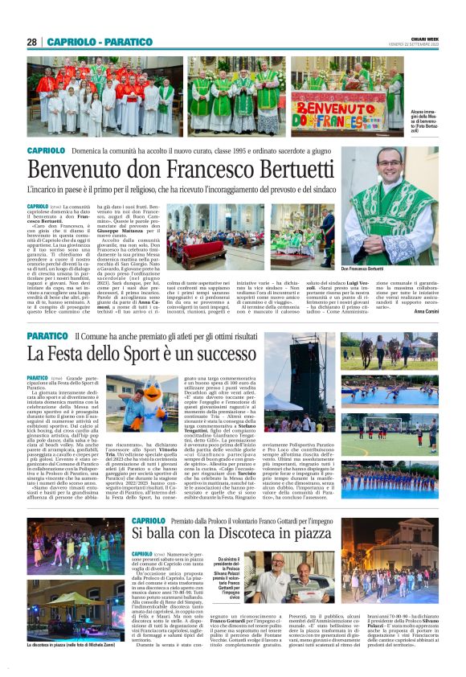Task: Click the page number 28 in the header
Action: tap(32, 42)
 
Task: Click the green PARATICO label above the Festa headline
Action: tap(47, 335)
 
